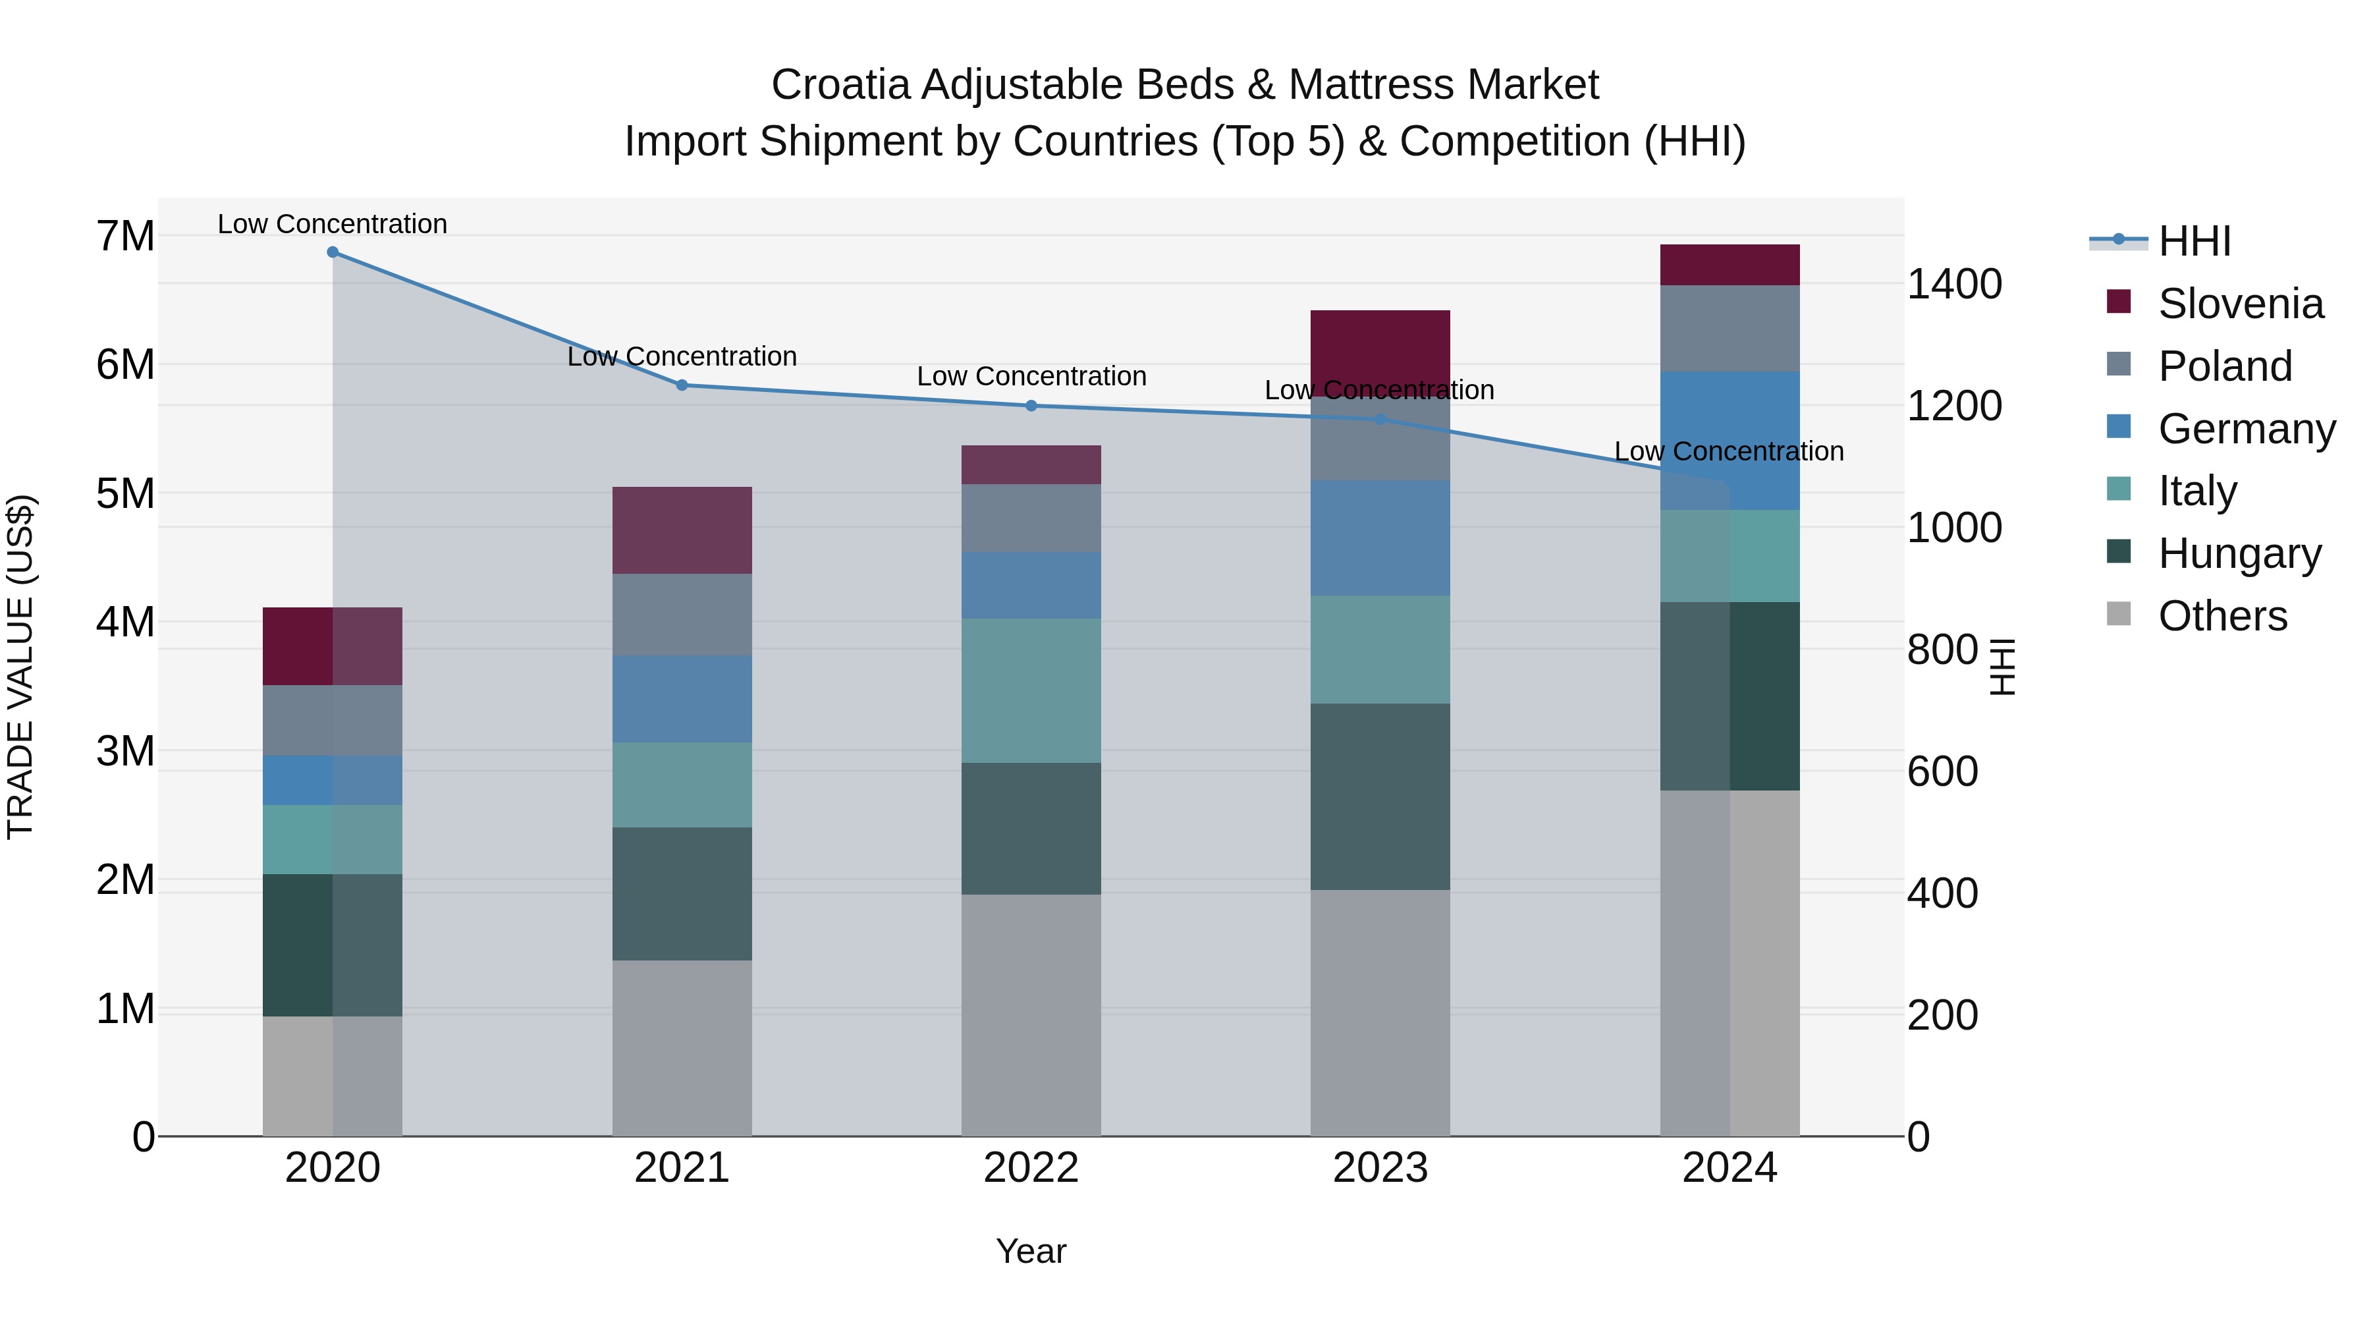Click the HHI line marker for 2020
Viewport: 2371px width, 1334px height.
point(333,252)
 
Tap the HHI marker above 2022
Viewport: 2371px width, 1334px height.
point(1031,406)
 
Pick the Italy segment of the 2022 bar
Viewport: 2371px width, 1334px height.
point(1031,690)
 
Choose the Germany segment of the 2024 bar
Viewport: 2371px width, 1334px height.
point(1730,440)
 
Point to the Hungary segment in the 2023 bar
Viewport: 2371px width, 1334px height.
point(1380,796)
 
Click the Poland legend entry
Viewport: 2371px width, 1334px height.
point(2225,366)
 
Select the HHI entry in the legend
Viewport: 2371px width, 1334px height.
point(2194,241)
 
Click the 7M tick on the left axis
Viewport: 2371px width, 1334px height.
point(125,236)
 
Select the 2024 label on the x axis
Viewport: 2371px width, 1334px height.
point(1730,1168)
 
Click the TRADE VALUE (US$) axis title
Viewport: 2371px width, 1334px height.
point(20,667)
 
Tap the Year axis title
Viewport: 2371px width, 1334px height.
point(1031,1251)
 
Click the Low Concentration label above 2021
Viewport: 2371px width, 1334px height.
point(682,356)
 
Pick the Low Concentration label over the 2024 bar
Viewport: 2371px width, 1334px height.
point(1729,451)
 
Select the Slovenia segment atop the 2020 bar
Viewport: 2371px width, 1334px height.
point(333,646)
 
